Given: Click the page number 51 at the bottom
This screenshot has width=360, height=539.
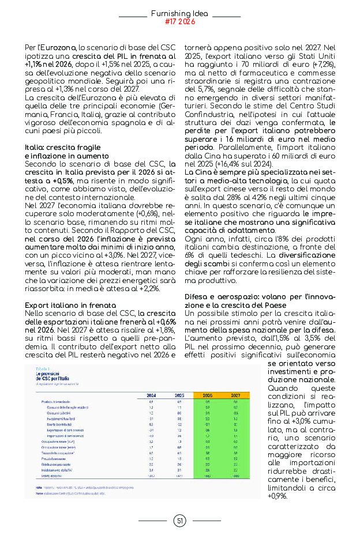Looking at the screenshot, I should click(x=179, y=521).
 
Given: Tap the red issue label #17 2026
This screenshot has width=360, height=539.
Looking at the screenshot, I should click(x=179, y=22).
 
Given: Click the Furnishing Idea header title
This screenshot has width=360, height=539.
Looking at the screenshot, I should click(x=179, y=13).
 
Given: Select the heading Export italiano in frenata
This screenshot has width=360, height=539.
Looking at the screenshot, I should click(x=70, y=304).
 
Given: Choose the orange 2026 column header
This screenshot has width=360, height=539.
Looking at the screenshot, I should click(x=207, y=395).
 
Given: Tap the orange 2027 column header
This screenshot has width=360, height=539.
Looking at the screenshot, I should click(x=235, y=395).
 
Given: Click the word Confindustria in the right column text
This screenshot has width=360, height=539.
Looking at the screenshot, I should click(x=208, y=124).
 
